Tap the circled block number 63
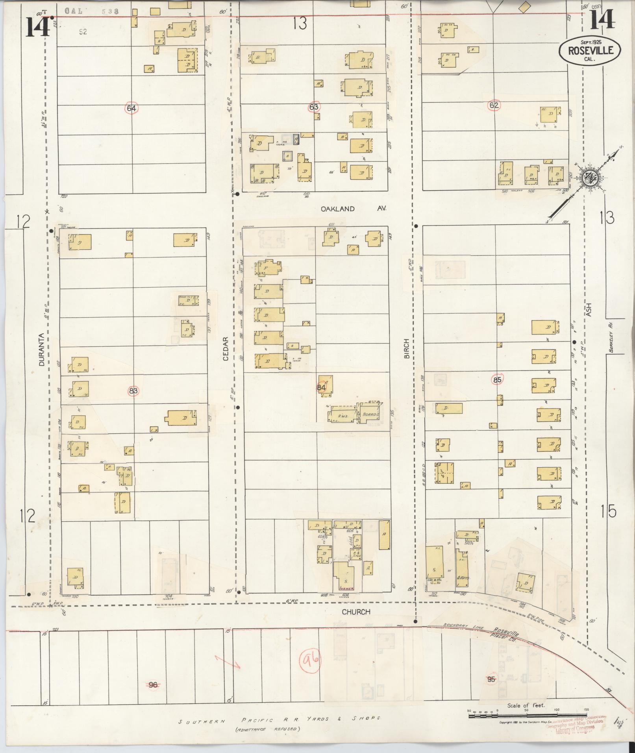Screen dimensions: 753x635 pos(314,107)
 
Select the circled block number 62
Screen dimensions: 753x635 pos(494,105)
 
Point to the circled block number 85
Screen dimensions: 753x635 pos(497,380)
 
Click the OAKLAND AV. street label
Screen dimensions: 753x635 pos(354,209)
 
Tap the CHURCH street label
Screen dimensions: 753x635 pos(356,612)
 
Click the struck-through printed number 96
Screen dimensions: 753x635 pos(153,685)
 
